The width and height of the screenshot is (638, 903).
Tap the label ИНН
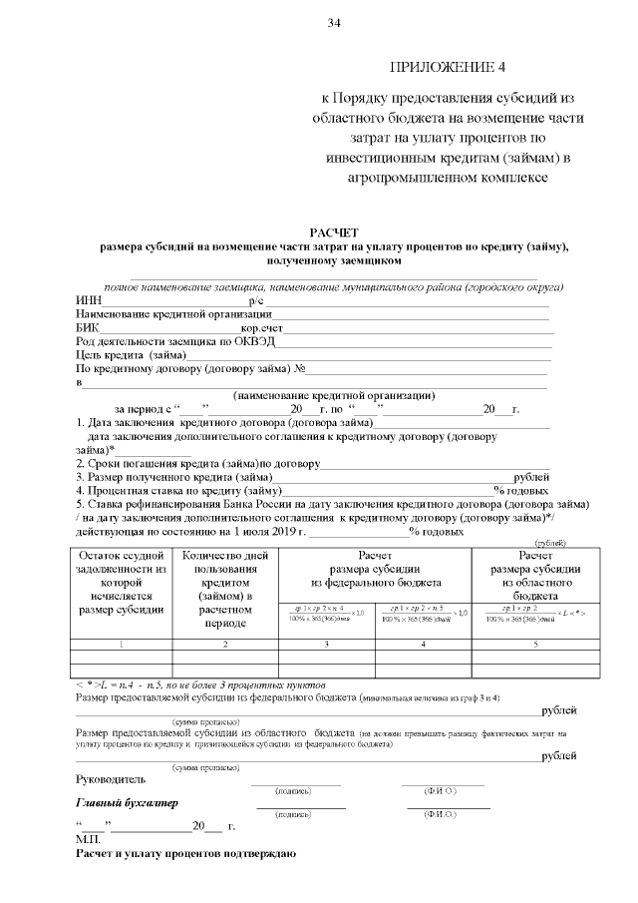point(88,300)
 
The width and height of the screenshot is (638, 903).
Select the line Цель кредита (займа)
point(131,354)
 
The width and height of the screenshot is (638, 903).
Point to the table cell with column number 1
point(118,645)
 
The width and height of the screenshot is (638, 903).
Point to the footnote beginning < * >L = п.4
point(200,688)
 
